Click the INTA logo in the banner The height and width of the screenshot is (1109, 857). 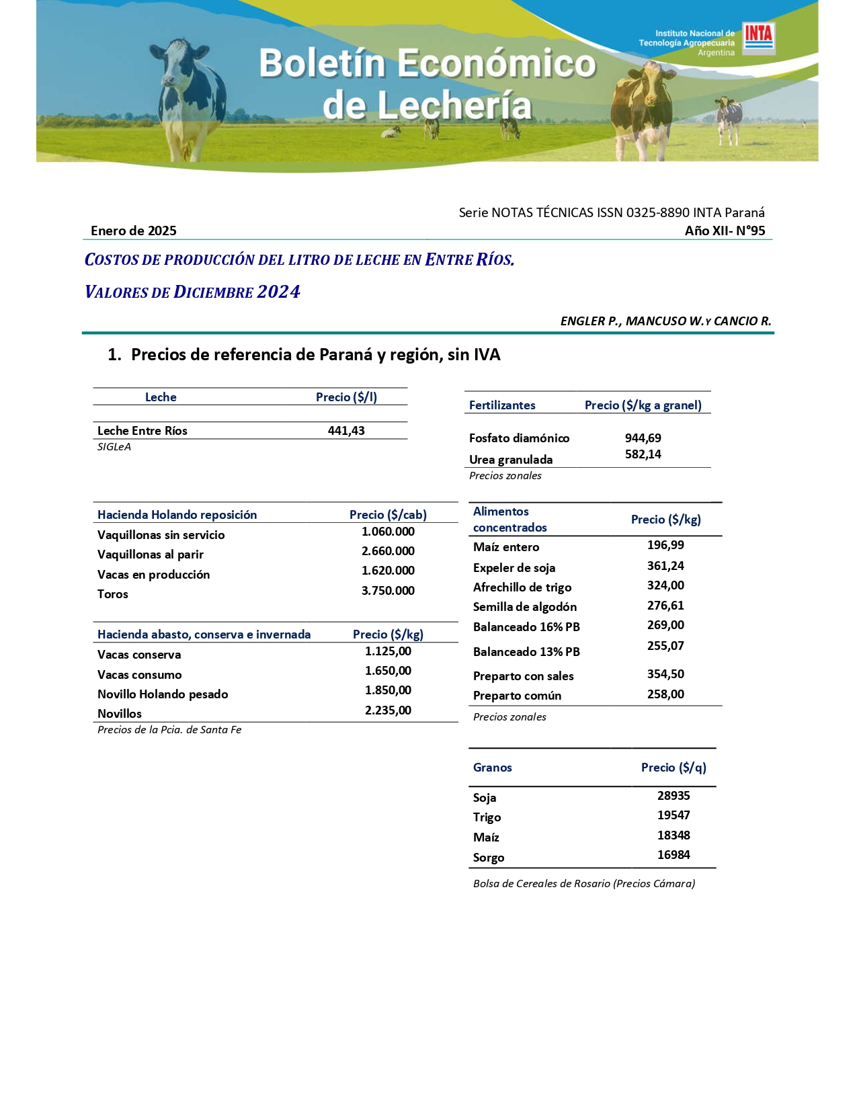[758, 38]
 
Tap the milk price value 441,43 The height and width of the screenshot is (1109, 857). [346, 431]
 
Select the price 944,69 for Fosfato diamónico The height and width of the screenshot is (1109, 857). [643, 438]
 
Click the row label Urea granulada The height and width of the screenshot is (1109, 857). [511, 460]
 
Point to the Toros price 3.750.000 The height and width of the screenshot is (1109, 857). [388, 591]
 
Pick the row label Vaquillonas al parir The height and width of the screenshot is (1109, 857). [151, 554]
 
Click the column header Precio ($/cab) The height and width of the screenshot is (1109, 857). [388, 515]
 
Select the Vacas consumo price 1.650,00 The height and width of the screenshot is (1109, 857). [388, 671]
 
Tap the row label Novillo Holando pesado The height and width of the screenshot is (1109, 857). [163, 694]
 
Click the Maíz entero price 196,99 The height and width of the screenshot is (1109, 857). [665, 545]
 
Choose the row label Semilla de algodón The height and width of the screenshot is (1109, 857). [525, 607]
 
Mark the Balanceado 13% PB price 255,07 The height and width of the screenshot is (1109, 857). [665, 646]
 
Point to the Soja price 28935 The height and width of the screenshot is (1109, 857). [674, 796]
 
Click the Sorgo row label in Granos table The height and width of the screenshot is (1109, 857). [489, 858]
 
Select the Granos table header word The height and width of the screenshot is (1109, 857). [493, 768]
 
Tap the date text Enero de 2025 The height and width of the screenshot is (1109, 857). [134, 231]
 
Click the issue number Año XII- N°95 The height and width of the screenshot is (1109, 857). [725, 231]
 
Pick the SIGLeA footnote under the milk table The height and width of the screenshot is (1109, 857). [114, 447]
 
